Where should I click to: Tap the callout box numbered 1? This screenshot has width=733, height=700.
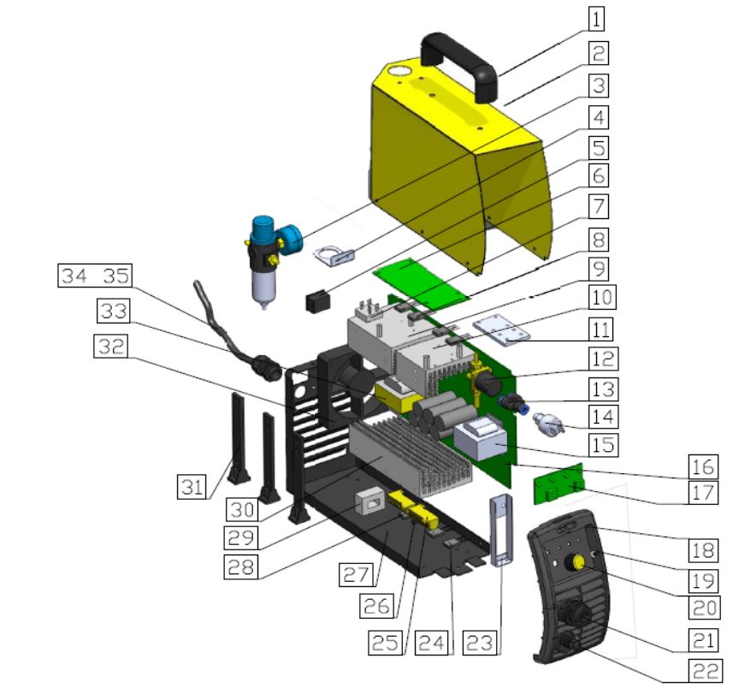tap(596, 16)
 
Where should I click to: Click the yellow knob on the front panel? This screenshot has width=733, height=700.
tap(579, 562)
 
